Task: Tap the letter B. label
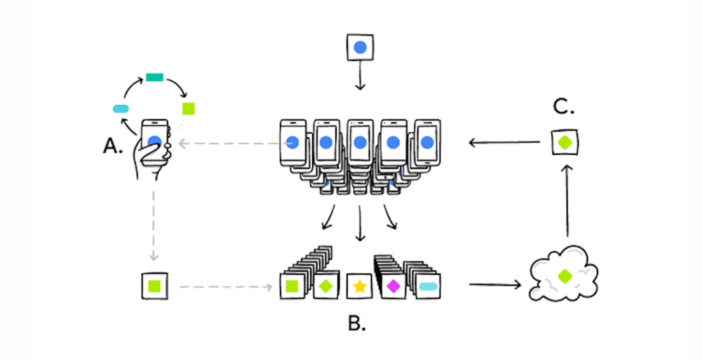356,324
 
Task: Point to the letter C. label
565,108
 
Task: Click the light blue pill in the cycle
121,108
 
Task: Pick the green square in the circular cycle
188,108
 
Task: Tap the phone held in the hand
155,135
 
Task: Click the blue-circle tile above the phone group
360,48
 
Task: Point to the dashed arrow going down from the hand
154,225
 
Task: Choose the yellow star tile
359,286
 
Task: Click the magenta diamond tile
393,285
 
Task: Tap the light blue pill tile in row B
427,286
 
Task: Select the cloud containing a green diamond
563,275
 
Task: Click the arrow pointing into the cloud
494,285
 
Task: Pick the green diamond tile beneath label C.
564,143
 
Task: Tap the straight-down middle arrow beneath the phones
360,221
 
